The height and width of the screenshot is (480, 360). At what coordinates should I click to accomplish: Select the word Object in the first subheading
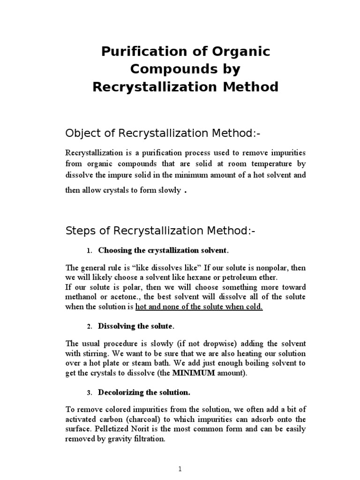point(81,134)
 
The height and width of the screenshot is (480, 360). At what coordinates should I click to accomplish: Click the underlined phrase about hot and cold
point(199,307)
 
